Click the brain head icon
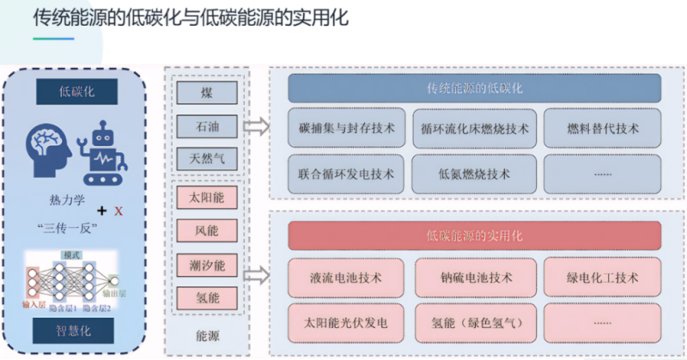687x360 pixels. click(x=48, y=147)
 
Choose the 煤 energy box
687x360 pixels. click(x=207, y=93)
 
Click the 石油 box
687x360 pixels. click(x=207, y=125)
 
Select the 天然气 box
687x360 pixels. click(x=207, y=158)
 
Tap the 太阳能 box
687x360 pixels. click(x=207, y=198)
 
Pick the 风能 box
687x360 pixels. click(x=207, y=232)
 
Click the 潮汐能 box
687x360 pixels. click(x=207, y=265)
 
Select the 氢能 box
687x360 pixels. click(x=207, y=298)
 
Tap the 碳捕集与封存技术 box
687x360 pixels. click(x=346, y=129)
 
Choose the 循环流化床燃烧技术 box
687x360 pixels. click(x=474, y=129)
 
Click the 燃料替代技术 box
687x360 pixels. click(x=603, y=129)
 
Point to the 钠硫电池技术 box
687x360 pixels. click(x=474, y=278)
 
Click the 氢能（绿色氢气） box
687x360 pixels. click(x=474, y=323)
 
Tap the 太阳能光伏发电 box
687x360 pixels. click(x=346, y=323)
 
